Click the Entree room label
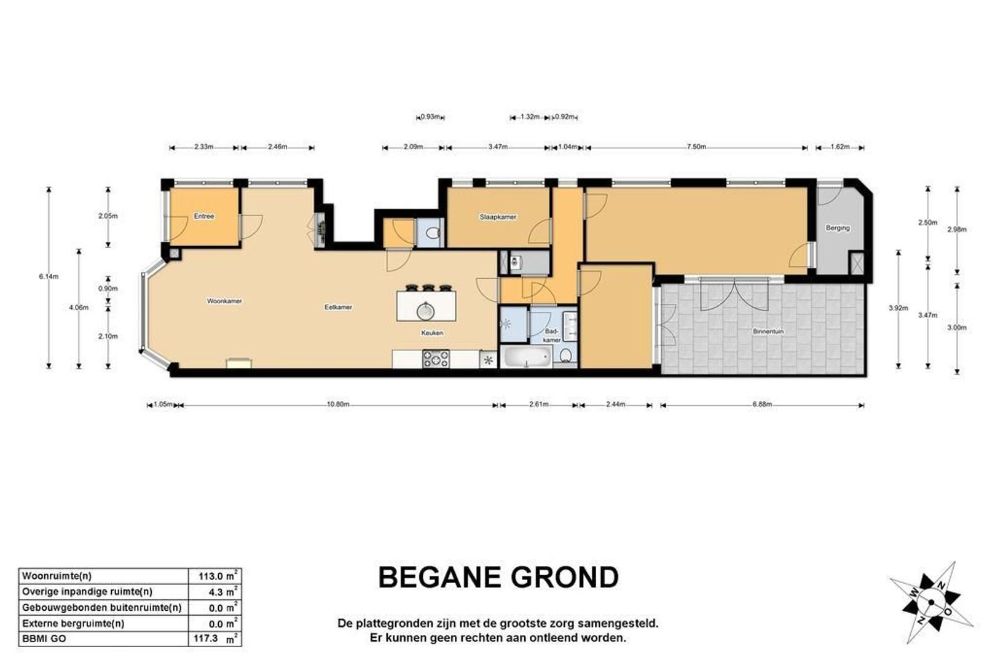204,216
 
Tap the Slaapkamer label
498,217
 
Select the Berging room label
837,228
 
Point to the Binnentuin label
768,331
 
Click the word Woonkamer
224,301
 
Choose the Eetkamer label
338,307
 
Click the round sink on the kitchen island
425,311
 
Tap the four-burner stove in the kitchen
436,359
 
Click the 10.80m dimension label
338,405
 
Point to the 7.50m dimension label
696,147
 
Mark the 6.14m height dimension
49,276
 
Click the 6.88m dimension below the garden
762,405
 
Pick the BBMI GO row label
44,639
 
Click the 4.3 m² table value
224,592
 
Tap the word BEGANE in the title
439,577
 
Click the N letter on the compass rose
940,586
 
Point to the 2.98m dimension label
957,230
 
